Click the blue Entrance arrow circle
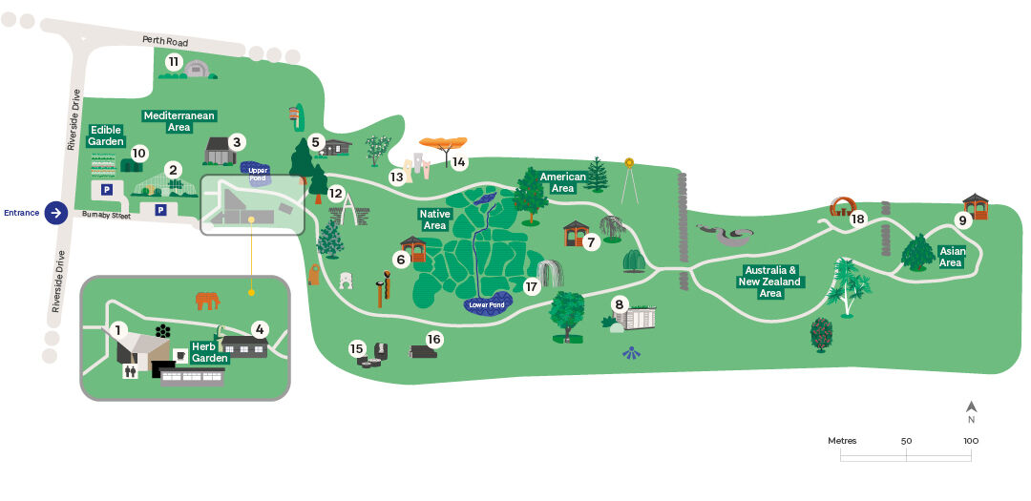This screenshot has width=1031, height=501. (57, 213)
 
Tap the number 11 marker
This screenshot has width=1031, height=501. (173, 62)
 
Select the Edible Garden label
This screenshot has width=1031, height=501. (107, 136)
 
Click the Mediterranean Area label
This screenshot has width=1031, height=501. (179, 121)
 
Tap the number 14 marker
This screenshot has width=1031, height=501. (459, 162)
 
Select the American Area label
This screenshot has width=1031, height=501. (562, 182)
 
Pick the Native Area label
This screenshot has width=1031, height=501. (434, 219)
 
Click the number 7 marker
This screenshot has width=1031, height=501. (591, 242)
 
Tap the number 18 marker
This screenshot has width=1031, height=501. (857, 219)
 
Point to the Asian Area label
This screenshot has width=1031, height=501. (951, 257)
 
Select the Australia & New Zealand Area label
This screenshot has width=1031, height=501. (770, 282)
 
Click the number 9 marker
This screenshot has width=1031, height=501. (963, 219)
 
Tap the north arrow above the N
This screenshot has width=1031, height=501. (971, 407)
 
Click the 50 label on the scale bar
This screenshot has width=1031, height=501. (906, 441)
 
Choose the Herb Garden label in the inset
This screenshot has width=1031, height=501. (209, 352)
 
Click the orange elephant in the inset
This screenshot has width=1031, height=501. (207, 301)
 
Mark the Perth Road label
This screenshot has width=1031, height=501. (164, 41)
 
